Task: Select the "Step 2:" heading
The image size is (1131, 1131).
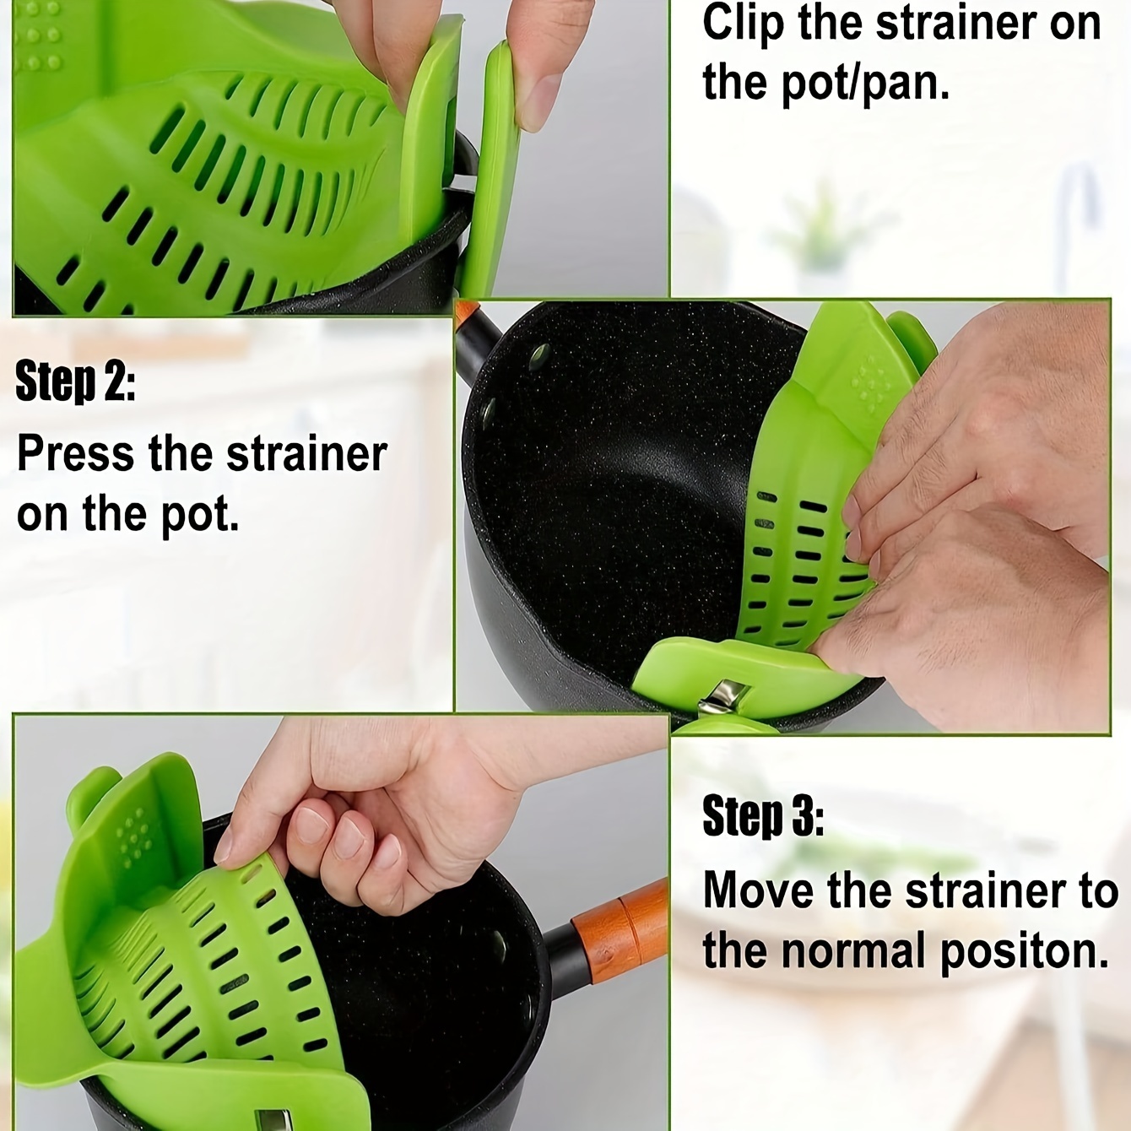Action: [x=75, y=382]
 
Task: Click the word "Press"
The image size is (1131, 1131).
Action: [x=75, y=454]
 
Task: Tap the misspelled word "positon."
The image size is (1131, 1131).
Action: [x=1024, y=952]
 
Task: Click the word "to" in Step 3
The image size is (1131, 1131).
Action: [x=1097, y=890]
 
